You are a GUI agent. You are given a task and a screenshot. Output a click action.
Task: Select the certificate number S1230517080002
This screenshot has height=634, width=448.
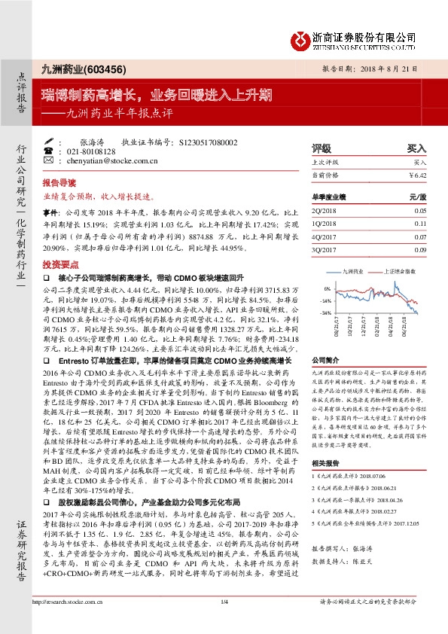point(209,142)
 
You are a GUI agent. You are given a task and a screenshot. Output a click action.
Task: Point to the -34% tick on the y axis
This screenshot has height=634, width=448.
point(326,312)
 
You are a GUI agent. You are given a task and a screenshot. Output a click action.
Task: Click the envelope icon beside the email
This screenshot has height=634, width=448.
point(49,160)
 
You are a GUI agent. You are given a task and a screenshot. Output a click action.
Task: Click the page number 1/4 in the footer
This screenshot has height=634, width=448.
point(224,622)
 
